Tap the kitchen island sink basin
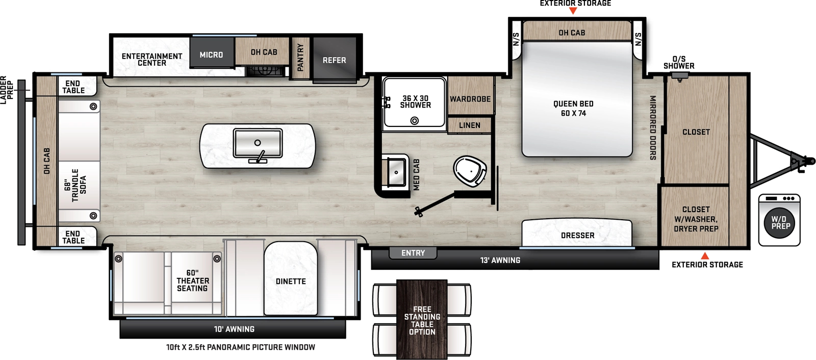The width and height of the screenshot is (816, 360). [x=258, y=143]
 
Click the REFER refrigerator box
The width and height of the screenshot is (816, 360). [x=334, y=60]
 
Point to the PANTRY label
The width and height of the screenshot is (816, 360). [x=300, y=57]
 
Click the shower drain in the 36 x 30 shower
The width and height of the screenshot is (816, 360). [x=415, y=121]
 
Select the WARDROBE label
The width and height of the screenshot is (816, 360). [x=470, y=99]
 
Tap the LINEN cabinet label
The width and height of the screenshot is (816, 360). [x=469, y=125]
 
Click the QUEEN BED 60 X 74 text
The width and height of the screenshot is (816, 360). [x=573, y=108]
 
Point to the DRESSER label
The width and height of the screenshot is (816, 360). [x=577, y=235]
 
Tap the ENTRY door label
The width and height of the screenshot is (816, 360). [x=413, y=253]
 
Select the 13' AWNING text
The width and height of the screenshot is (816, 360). [x=500, y=261]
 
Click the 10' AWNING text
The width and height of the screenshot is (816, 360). [x=234, y=329]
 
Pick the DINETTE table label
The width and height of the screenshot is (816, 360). [x=291, y=281]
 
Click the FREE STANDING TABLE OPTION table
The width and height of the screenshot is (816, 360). [x=422, y=320]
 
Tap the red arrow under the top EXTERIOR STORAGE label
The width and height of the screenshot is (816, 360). [x=573, y=11]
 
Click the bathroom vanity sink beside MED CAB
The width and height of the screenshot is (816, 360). [x=396, y=172]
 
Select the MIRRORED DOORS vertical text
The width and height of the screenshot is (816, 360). [x=652, y=127]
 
